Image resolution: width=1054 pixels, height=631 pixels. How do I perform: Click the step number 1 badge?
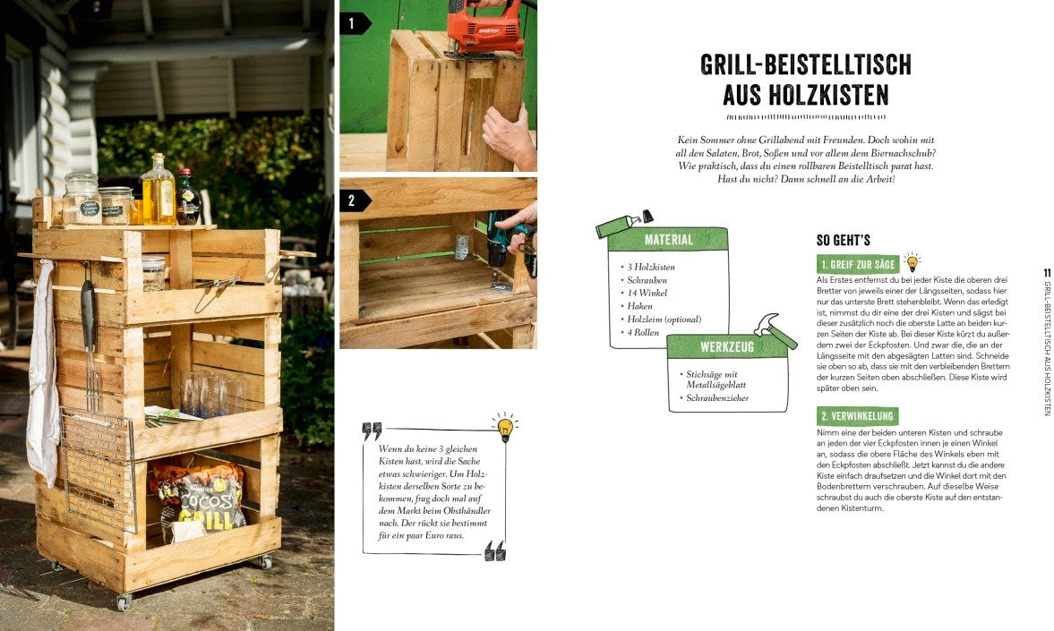point(353,23)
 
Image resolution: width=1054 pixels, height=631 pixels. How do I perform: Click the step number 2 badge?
point(353,200)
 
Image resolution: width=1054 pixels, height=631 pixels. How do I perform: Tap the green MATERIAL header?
point(668,240)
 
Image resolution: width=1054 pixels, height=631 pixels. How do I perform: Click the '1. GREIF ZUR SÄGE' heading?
point(857,265)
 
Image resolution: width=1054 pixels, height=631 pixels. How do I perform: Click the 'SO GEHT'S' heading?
point(843,240)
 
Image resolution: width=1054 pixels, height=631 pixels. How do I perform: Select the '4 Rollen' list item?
point(646,332)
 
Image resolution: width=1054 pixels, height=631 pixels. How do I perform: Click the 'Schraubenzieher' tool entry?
point(717,397)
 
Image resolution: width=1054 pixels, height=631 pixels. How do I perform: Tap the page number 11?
point(1047,273)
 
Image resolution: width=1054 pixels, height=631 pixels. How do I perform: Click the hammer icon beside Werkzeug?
point(775,328)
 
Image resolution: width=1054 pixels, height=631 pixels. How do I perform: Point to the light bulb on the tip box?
point(505,426)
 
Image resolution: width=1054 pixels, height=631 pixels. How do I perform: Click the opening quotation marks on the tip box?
point(372,431)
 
